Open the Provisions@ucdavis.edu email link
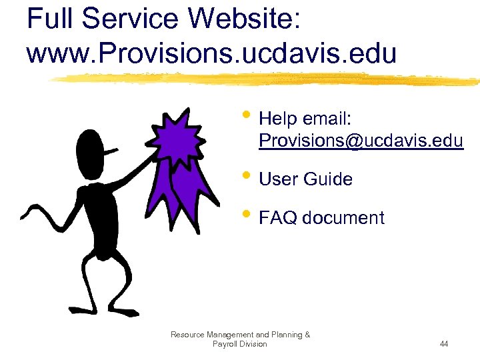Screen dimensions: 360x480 361,141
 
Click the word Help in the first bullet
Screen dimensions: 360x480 278,119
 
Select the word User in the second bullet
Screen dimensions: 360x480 278,179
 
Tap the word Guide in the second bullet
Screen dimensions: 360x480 328,179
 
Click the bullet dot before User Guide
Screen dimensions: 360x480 247,177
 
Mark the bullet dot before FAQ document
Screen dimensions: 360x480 247,216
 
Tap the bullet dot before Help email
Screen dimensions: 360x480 247,117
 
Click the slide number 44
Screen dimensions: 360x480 444,344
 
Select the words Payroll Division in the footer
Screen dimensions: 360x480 239,344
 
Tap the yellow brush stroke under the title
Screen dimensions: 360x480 267,79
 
